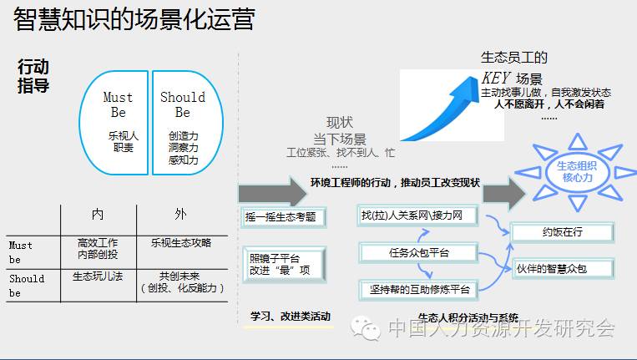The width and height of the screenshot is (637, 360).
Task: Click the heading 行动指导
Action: [34, 75]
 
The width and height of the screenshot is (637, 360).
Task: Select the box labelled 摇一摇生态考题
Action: [281, 217]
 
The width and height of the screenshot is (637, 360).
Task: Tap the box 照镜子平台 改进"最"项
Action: [281, 265]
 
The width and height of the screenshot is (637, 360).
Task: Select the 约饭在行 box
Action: [561, 231]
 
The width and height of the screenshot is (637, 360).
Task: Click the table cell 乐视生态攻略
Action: [181, 243]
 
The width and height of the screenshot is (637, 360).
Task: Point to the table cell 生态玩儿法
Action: [98, 276]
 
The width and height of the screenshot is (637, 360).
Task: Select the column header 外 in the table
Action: [181, 215]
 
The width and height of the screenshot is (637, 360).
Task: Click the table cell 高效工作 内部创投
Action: [98, 248]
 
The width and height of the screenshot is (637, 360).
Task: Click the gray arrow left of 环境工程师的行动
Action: [260, 191]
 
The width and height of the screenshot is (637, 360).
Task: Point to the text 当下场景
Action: [340, 139]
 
